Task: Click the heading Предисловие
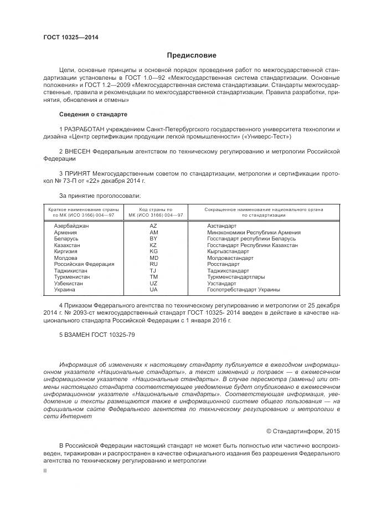tap(192, 55)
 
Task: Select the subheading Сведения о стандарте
tap(93, 114)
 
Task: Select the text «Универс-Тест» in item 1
tap(270, 136)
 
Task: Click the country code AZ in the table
tap(153, 226)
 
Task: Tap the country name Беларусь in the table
tap(66, 239)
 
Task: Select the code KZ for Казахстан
tap(153, 245)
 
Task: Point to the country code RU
tap(153, 264)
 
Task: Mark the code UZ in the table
tap(153, 283)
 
